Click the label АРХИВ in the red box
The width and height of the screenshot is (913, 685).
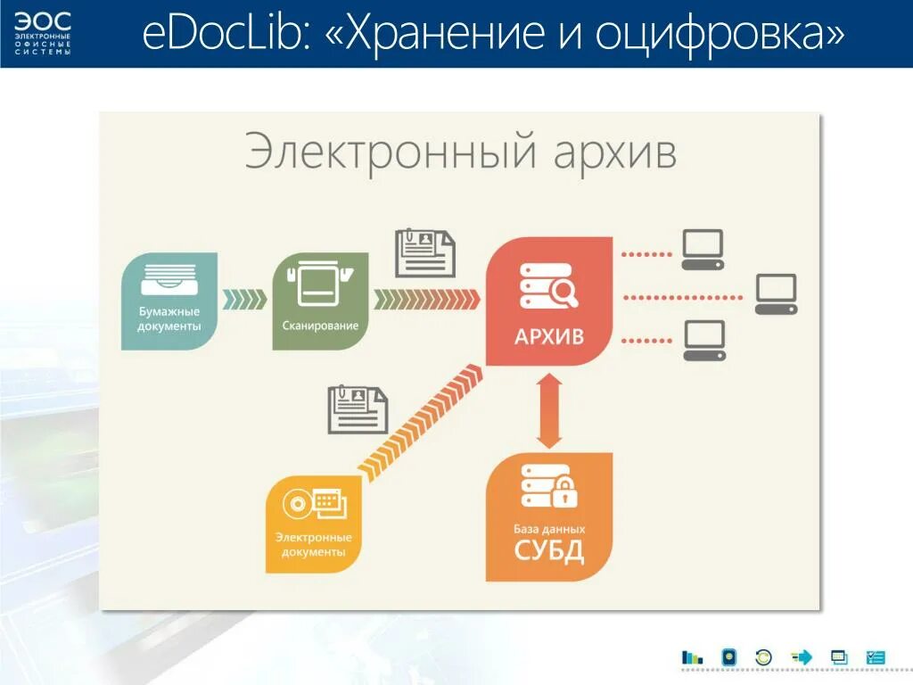(x=549, y=336)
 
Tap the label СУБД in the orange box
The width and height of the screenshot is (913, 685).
(x=548, y=550)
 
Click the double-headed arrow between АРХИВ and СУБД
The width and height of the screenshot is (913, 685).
(x=549, y=409)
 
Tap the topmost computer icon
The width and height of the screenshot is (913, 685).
(x=703, y=251)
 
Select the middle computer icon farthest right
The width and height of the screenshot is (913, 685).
(x=776, y=294)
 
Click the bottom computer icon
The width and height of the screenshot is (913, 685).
(x=704, y=341)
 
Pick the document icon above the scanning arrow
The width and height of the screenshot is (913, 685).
(x=425, y=252)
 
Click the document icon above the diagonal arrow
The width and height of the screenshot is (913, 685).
(x=358, y=409)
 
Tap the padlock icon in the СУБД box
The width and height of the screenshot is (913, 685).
(x=564, y=490)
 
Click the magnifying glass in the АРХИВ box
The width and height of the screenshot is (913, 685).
(x=565, y=290)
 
